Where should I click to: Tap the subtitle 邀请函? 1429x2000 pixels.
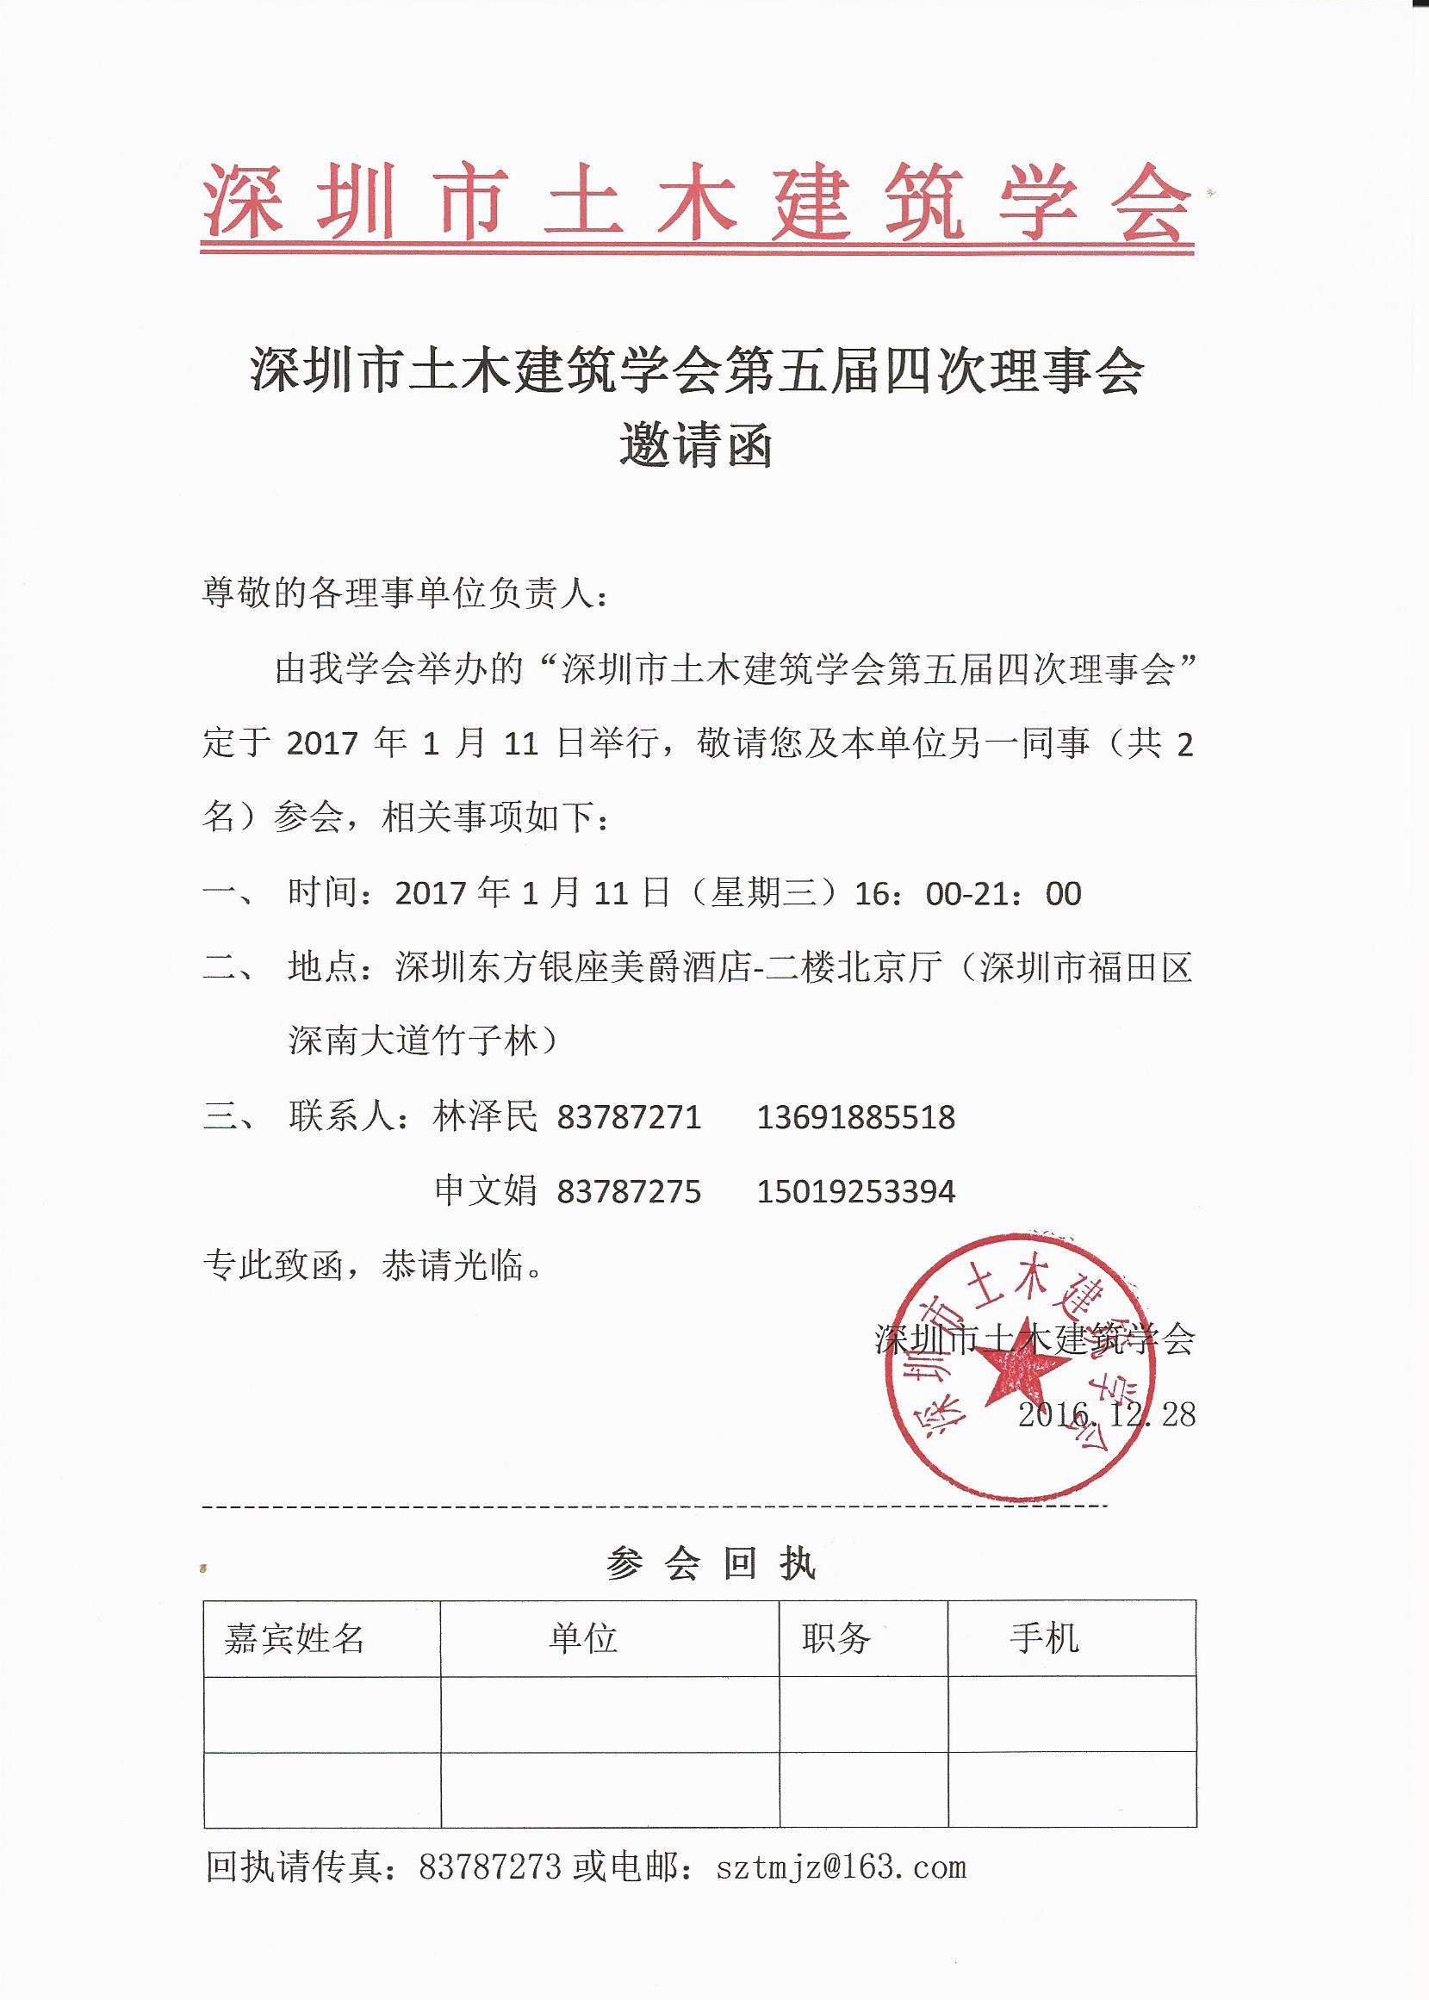[x=696, y=445]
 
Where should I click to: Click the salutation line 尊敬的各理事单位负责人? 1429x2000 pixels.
[x=406, y=595]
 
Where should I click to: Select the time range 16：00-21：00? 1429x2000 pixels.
[x=968, y=894]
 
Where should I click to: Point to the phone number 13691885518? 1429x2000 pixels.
[x=855, y=1117]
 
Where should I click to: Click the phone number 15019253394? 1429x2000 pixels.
[x=855, y=1192]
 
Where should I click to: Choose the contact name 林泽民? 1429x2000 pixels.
[x=485, y=1117]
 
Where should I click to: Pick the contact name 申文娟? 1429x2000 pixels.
[x=485, y=1192]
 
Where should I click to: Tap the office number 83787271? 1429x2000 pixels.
[x=629, y=1117]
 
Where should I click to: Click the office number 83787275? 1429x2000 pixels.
[x=629, y=1192]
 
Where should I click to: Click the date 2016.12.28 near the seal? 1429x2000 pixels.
[x=1106, y=1414]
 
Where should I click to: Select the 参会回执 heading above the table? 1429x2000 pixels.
[x=711, y=1563]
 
